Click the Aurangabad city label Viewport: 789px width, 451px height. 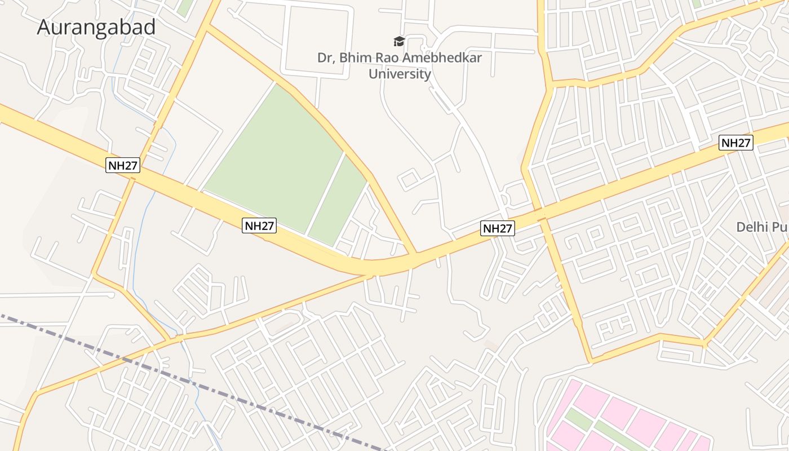pos(96,27)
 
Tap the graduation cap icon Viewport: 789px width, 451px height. pos(399,41)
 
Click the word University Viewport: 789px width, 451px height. pos(400,74)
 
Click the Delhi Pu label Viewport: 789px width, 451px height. pos(761,227)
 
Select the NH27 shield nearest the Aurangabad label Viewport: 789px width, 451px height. pos(122,165)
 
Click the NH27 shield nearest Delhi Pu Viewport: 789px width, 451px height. pos(736,143)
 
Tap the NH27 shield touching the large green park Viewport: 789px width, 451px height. pos(260,225)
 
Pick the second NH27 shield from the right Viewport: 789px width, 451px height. pos(498,228)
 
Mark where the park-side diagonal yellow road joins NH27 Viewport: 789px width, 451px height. pos(415,256)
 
